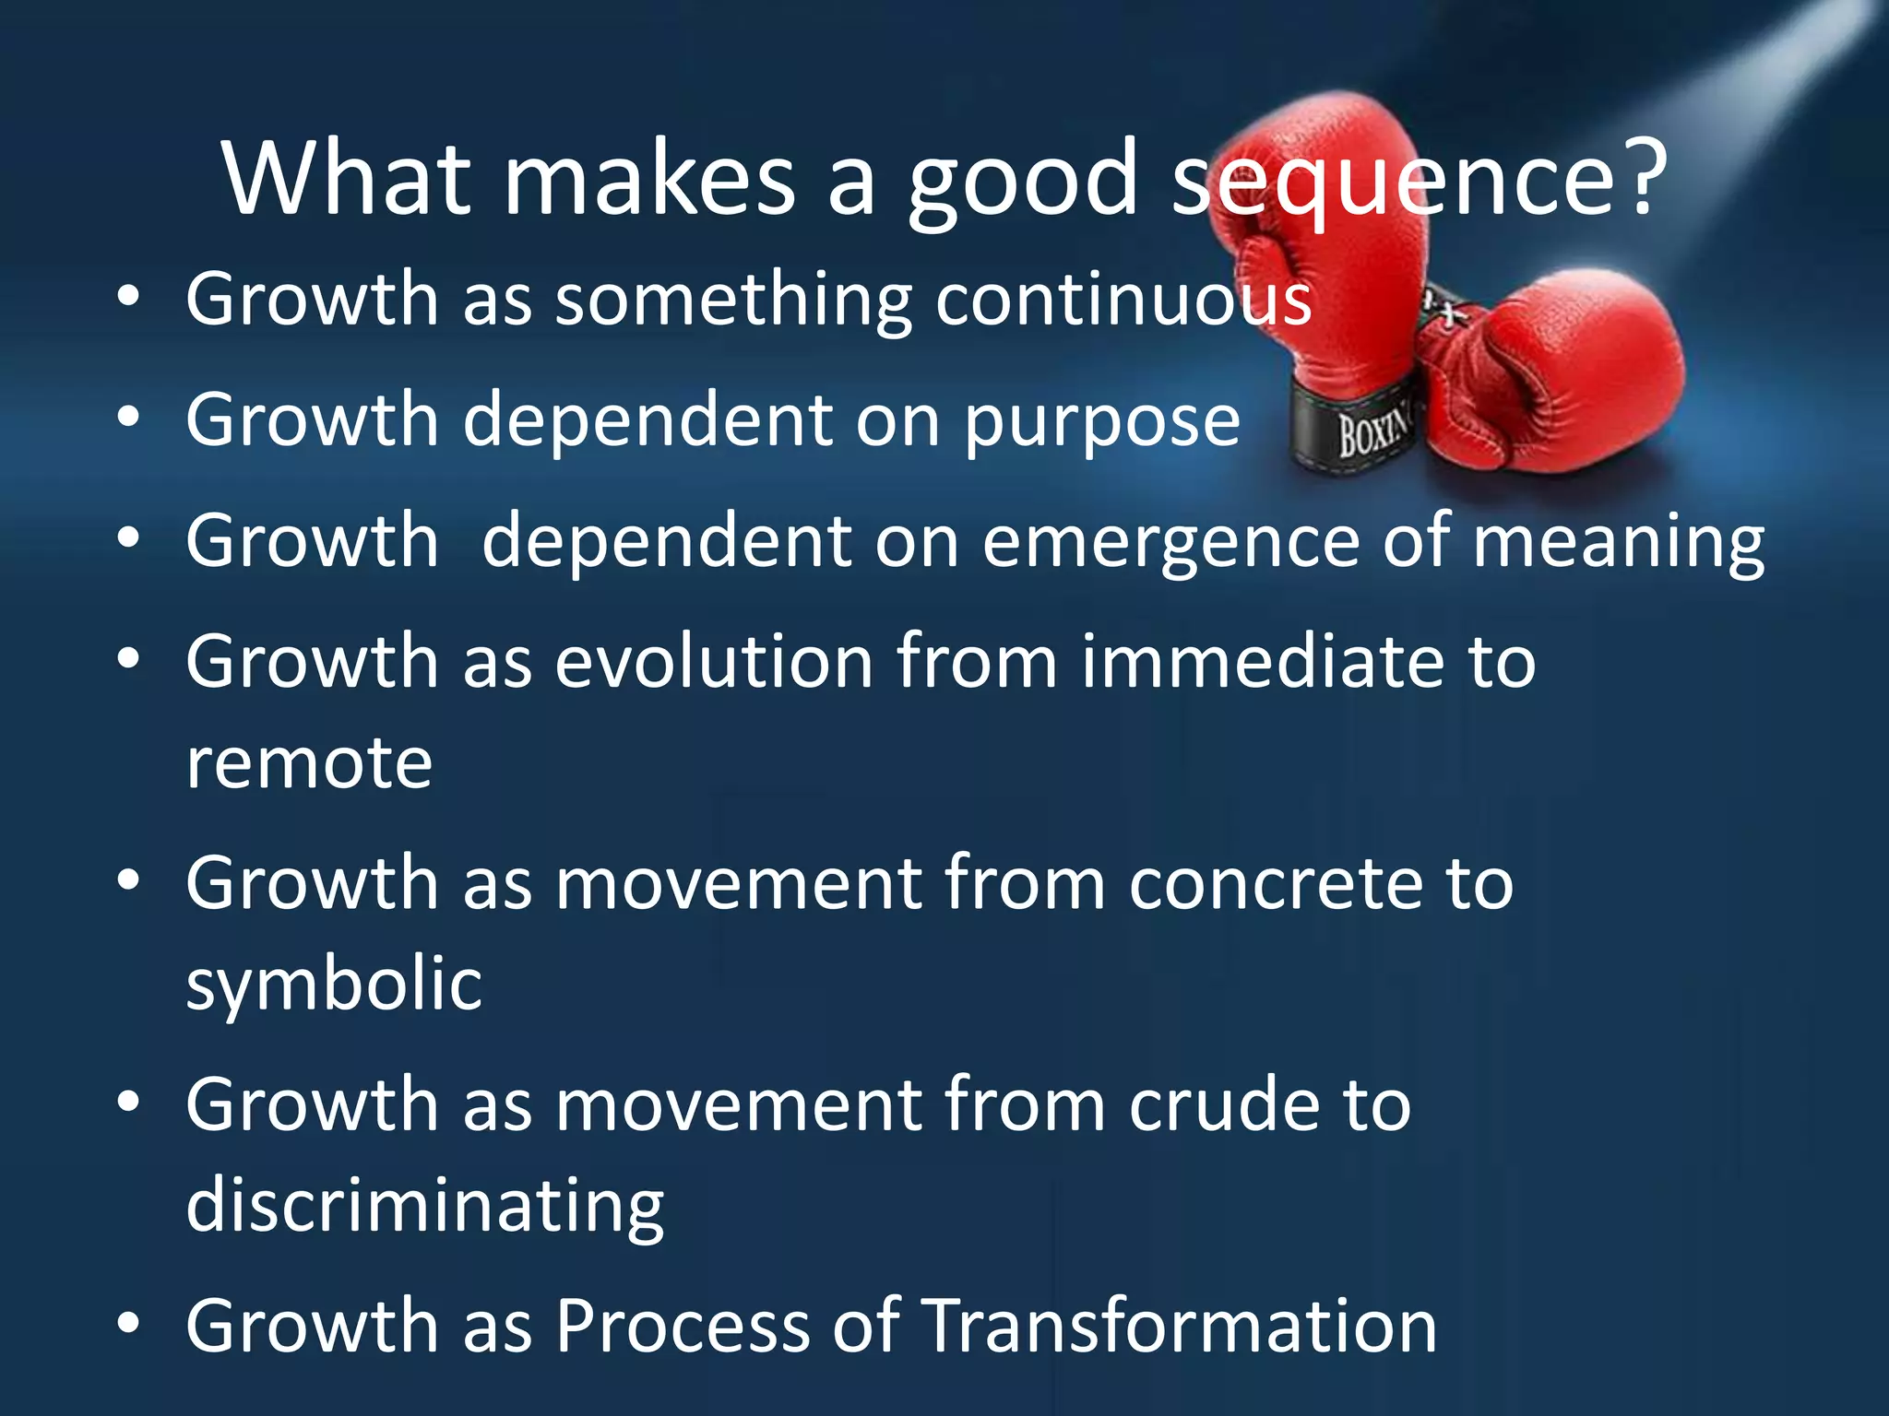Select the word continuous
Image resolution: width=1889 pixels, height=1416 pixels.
1123,300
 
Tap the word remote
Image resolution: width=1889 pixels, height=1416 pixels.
309,765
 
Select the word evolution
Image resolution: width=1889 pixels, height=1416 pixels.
714,662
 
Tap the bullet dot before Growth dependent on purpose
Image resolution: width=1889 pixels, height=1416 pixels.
128,418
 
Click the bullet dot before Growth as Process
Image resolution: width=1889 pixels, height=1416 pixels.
128,1324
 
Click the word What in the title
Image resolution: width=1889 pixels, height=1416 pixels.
346,180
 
